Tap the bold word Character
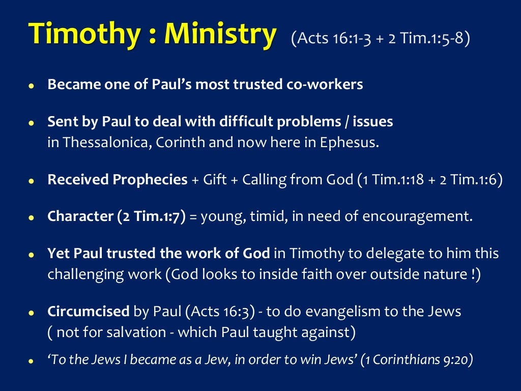click(80, 217)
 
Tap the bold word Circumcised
click(89, 312)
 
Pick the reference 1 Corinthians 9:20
click(416, 360)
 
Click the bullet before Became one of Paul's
click(31, 86)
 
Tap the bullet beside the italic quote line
click(31, 361)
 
